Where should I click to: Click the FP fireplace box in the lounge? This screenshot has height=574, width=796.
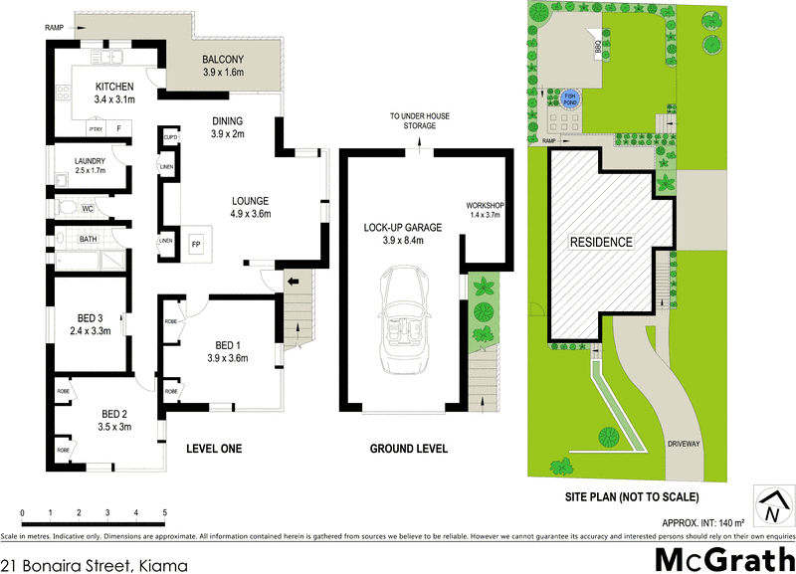[196, 242]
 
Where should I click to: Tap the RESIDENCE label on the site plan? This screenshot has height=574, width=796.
[600, 242]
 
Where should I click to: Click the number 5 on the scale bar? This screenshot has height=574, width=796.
[164, 512]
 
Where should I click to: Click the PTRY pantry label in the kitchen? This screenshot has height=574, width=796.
[96, 128]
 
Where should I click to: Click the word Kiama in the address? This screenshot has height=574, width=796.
[163, 563]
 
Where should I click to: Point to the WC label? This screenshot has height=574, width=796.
[88, 209]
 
